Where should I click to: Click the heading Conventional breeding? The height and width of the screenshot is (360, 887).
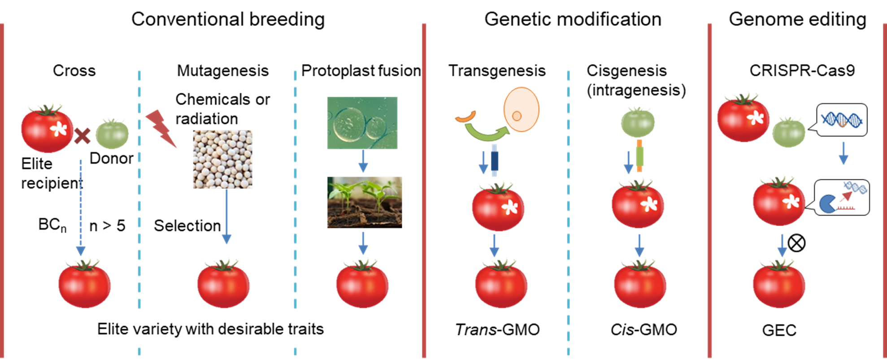(228, 20)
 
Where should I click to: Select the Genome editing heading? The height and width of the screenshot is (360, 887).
(797, 20)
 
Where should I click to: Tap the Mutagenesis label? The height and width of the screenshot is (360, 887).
(222, 70)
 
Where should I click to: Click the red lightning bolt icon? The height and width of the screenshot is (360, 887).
(161, 128)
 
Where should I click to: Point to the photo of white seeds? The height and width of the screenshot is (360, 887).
(222, 159)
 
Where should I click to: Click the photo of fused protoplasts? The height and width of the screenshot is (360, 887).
(362, 123)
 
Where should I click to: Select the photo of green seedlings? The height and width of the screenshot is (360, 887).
(364, 202)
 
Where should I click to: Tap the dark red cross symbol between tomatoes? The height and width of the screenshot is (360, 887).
(82, 135)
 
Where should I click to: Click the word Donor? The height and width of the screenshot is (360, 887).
(111, 158)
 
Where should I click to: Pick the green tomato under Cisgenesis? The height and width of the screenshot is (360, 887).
(638, 122)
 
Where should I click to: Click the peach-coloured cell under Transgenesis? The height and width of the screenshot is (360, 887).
(521, 110)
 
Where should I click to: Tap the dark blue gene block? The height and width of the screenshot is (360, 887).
(495, 161)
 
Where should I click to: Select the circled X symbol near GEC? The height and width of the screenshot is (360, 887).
(796, 243)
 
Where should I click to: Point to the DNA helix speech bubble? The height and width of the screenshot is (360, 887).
(842, 120)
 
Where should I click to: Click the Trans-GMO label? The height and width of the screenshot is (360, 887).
(497, 330)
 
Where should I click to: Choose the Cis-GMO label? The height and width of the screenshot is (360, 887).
(643, 330)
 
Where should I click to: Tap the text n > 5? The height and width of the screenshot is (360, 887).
(107, 226)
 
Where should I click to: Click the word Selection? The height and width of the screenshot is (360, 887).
(187, 226)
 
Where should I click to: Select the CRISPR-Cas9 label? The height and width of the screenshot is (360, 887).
(802, 70)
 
